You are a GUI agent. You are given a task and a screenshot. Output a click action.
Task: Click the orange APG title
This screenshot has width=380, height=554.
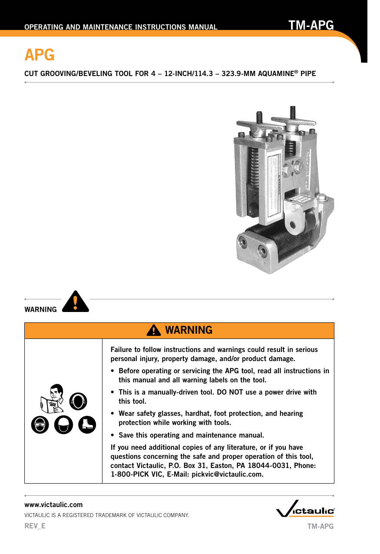[39, 55]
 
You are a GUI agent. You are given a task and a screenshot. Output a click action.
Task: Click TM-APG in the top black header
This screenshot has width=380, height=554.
[311, 25]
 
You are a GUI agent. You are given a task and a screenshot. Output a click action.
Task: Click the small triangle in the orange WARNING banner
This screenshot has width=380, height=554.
[153, 331]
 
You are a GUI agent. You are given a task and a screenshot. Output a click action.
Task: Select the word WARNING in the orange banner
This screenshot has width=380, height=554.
[188, 330]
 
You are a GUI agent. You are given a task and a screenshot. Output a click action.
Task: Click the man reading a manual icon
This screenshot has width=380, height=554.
[52, 398]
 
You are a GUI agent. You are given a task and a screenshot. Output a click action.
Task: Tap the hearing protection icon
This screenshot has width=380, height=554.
[78, 401]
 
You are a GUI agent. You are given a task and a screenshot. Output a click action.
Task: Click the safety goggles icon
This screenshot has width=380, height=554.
[40, 425]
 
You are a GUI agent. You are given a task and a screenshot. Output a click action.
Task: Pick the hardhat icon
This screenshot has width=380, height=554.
[63, 425]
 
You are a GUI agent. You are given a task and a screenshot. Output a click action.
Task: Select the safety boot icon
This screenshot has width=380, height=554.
[87, 424]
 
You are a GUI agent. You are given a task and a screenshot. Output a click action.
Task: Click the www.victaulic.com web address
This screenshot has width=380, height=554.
[53, 504]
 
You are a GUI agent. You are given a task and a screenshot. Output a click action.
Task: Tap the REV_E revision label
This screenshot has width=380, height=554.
[35, 525]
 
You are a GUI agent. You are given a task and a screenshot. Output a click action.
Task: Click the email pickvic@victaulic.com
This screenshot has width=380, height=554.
[227, 474]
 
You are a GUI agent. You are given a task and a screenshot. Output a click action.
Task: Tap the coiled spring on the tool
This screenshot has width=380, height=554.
[254, 169]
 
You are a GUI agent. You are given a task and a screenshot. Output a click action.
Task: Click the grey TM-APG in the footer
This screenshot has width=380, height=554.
[321, 526]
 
